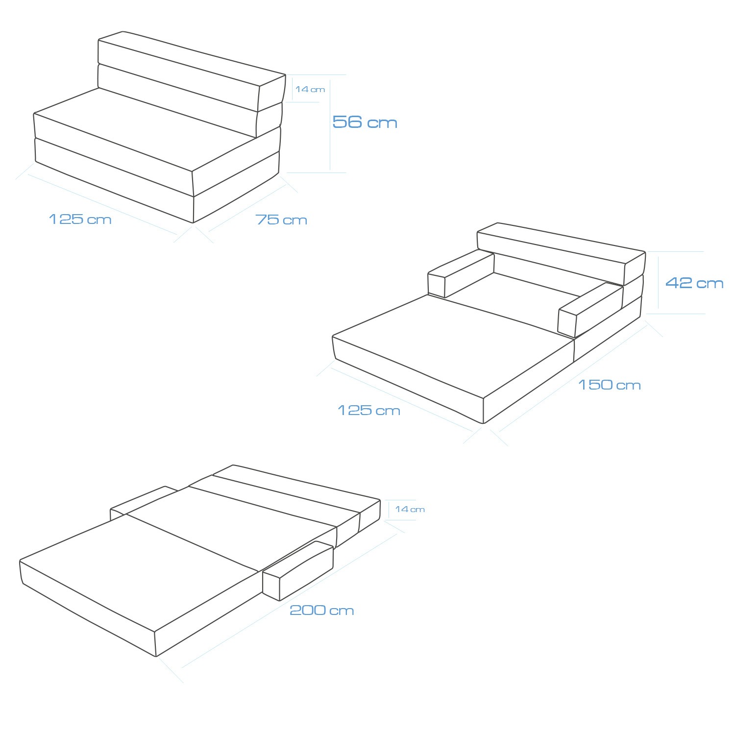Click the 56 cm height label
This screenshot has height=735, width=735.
[x=365, y=122]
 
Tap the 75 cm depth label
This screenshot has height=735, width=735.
[x=281, y=220]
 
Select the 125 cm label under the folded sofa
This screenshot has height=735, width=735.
[x=80, y=219]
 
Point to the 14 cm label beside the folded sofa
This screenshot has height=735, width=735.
[x=310, y=89]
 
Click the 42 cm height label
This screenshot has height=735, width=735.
[x=694, y=283]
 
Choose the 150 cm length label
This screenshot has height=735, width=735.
[x=610, y=385]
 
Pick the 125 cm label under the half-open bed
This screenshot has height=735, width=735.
[x=369, y=410]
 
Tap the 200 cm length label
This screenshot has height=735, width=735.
[x=322, y=610]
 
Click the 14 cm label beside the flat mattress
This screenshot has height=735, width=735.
[x=410, y=509]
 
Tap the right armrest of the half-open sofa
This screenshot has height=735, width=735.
[x=590, y=310]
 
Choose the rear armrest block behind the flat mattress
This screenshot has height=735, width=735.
[x=142, y=500]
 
